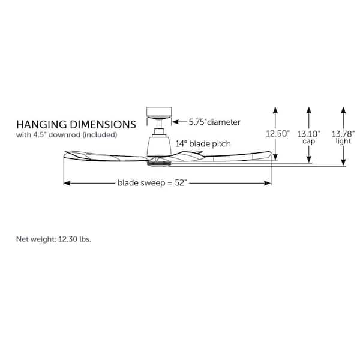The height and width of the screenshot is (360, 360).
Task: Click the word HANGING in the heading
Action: pyautogui.click(x=41, y=124)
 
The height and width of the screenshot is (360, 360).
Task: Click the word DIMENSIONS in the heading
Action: pyautogui.click(x=103, y=124)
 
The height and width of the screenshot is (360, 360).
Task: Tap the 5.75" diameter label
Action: pyautogui.click(x=214, y=122)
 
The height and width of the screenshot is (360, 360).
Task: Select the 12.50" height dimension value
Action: pyautogui.click(x=278, y=133)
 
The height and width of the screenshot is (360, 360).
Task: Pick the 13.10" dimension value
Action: pyautogui.click(x=308, y=134)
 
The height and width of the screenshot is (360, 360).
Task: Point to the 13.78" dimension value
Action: pyautogui.click(x=343, y=134)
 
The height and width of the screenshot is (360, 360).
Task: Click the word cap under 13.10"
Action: pyautogui.click(x=308, y=142)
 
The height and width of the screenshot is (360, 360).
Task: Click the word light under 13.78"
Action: pyautogui.click(x=343, y=141)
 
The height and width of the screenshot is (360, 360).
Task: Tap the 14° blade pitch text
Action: pyautogui.click(x=203, y=144)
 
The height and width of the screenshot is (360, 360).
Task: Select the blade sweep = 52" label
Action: pyautogui.click(x=152, y=183)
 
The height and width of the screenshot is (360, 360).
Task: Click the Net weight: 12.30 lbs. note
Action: pyautogui.click(x=53, y=239)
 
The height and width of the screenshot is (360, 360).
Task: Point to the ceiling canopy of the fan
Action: pyautogui.click(x=159, y=113)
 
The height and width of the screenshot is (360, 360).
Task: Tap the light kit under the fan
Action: pyautogui.click(x=158, y=163)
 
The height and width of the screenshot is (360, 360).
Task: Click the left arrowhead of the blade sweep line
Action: pyautogui.click(x=67, y=183)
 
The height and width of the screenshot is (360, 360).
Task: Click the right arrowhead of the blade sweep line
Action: pyautogui.click(x=268, y=183)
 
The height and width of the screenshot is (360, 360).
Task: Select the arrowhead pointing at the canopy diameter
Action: pyautogui.click(x=175, y=122)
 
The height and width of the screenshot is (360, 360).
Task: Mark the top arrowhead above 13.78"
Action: pyautogui.click(x=343, y=110)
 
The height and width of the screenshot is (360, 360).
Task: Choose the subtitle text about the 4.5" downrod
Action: pyautogui.click(x=67, y=135)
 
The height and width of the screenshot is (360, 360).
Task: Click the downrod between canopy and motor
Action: pyautogui.click(x=159, y=124)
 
